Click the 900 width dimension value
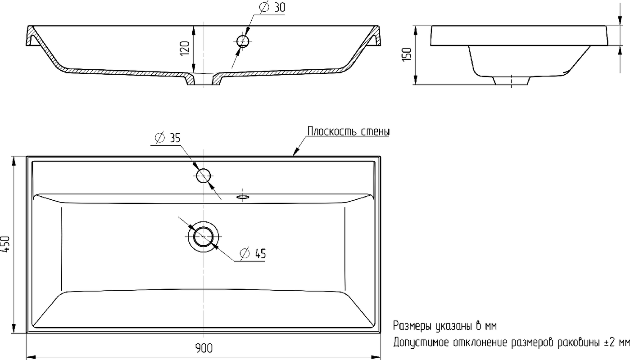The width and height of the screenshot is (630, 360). (x=204, y=348)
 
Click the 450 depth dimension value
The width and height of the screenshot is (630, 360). (x=5, y=244)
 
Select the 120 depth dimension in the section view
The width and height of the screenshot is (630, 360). (x=185, y=48)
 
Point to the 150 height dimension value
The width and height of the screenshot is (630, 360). (x=407, y=54)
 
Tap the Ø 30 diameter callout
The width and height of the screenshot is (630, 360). (x=272, y=7)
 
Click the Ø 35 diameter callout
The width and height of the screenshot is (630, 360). (x=168, y=138)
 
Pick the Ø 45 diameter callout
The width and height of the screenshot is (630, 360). (x=253, y=253)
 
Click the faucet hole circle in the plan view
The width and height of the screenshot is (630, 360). (x=204, y=175)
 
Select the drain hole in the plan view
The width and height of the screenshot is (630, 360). (x=204, y=237)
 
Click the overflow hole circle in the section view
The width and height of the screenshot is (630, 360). (x=243, y=41)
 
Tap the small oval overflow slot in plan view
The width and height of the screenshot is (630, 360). (x=243, y=197)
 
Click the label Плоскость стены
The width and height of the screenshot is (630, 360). (x=349, y=131)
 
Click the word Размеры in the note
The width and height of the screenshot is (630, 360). (x=412, y=326)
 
